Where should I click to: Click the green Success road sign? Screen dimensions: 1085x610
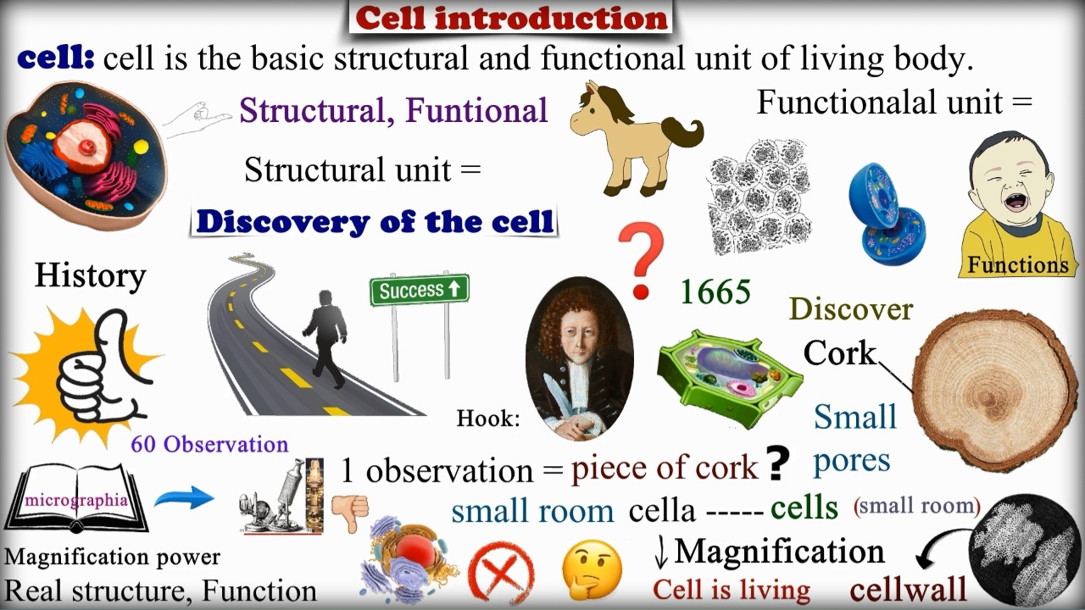(x=420, y=290)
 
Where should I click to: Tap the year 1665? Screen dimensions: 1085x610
(x=715, y=292)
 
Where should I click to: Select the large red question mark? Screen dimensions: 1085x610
(x=640, y=260)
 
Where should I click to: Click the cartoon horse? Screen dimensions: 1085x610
(x=636, y=140)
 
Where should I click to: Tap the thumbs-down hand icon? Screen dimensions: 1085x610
(x=350, y=513)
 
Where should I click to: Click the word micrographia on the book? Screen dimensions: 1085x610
(x=76, y=500)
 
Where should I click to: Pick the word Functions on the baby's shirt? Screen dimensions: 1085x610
(x=1018, y=265)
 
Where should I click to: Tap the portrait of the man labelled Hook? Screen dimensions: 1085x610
(x=579, y=358)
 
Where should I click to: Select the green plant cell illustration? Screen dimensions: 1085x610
(x=730, y=378)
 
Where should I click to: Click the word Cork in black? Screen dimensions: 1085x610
(x=840, y=353)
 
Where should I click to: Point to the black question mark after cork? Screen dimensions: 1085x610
(x=777, y=463)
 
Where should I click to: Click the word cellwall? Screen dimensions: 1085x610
(x=908, y=589)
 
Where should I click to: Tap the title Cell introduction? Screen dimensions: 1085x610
(x=511, y=19)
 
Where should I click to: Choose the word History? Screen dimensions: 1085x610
(x=91, y=276)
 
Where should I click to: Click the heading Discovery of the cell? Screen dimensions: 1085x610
(x=375, y=222)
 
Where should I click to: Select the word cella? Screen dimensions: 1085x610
(x=662, y=510)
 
